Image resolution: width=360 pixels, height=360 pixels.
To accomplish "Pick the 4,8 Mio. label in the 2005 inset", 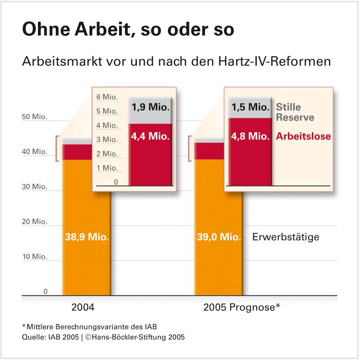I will coord(249,137).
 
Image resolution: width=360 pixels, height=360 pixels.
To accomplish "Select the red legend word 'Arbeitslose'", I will coord(303,137).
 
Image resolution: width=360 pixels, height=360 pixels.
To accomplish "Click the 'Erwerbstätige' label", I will coord(285,237).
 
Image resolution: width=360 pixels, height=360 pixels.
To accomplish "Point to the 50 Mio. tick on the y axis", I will coord(35,117).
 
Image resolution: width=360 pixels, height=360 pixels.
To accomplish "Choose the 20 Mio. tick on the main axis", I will coord(35,222).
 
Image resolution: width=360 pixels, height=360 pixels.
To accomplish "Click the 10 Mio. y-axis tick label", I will coord(35,257).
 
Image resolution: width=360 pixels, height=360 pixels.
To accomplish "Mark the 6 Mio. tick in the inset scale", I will coord(107,97).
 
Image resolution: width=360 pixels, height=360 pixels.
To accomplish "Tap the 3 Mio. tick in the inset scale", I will coord(107,140).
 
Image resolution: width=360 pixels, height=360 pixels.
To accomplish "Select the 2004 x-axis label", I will coord(83,308).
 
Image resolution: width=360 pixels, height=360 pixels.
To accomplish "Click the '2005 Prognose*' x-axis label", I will coord(242,308).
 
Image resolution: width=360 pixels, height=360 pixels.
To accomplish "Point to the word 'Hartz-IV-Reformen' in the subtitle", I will coord(283,62).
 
